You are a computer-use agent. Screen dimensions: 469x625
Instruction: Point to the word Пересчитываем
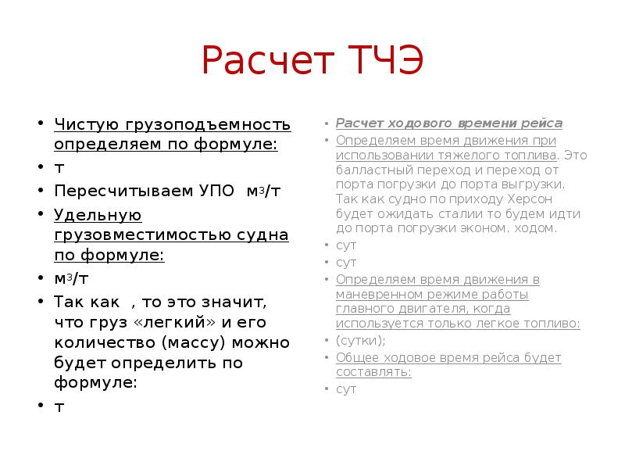pyautogui.click(x=107, y=190)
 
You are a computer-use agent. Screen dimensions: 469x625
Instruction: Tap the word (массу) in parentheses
pyautogui.click(x=195, y=342)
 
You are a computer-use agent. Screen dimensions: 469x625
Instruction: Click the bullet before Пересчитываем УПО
pyautogui.click(x=36, y=191)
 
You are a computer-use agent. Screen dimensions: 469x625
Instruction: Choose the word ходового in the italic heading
pyautogui.click(x=416, y=124)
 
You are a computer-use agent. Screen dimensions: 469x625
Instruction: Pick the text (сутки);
pyautogui.click(x=361, y=341)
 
